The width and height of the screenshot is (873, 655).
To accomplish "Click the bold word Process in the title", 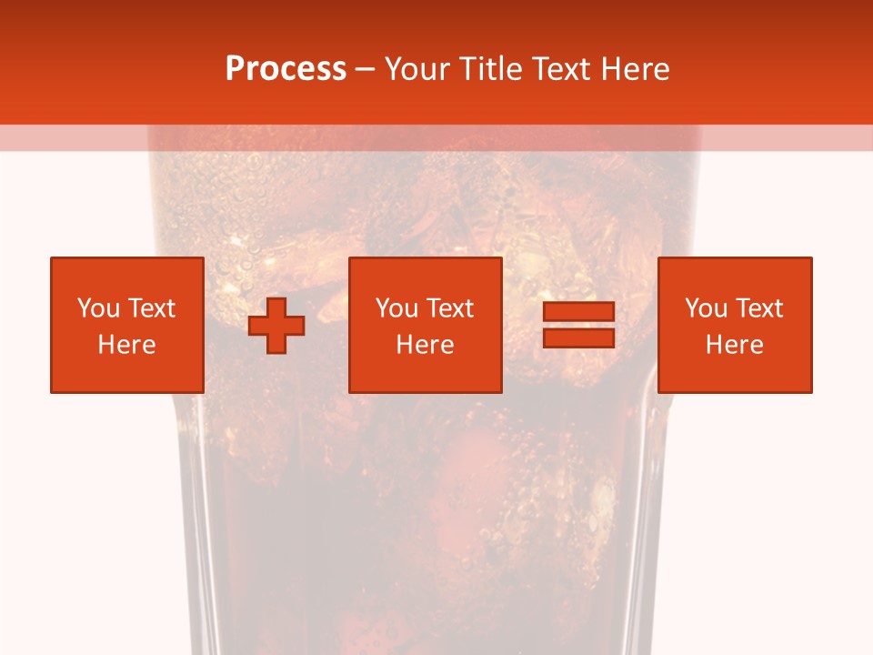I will click(286, 69).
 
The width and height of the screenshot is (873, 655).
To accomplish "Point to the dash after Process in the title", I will click(366, 69).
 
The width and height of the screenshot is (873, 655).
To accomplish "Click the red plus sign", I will click(276, 326).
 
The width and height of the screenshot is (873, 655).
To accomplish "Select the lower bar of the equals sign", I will click(578, 338).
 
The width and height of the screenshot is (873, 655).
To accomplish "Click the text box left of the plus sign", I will click(126, 325).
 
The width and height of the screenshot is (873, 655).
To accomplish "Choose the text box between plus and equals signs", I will click(425, 325).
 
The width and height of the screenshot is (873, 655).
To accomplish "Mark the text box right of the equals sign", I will click(734, 325).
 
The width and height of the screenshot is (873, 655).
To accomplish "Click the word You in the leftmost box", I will click(98, 308).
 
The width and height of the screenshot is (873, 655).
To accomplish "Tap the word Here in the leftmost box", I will click(126, 345).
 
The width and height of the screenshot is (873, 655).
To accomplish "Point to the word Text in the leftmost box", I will click(151, 308).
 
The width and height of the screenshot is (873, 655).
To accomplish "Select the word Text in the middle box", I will click(450, 308).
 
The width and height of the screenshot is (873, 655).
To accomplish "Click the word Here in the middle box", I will click(425, 345).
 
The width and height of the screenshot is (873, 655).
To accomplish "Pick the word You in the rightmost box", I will click(706, 308).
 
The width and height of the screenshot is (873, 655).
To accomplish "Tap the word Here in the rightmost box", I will click(734, 345).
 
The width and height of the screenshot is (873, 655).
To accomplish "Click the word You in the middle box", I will click(396, 308).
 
